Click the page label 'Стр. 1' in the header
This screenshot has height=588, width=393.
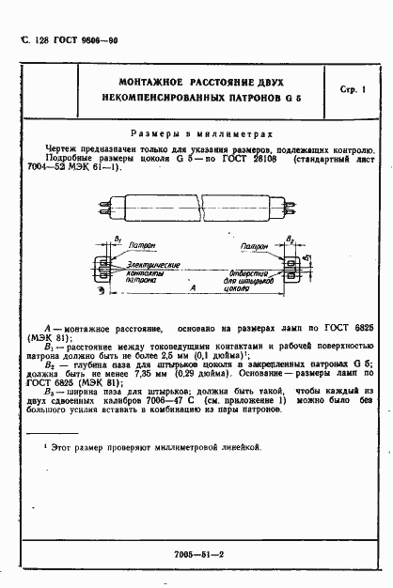click(355, 86)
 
